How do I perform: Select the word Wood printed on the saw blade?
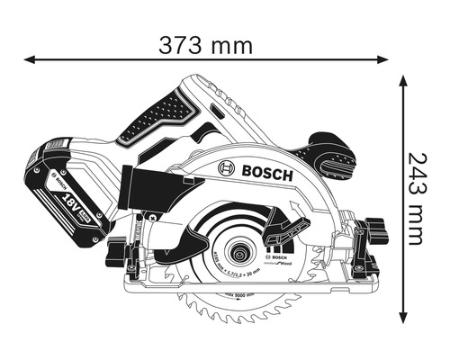pos(285,260)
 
